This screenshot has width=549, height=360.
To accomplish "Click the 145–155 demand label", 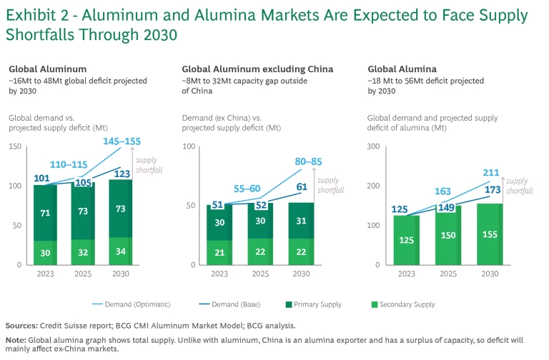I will pyautogui.click(x=122, y=141).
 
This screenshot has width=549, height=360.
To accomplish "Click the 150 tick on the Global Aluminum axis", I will pyautogui.click(x=16, y=146).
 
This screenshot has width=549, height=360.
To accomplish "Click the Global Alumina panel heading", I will pyautogui.click(x=397, y=69).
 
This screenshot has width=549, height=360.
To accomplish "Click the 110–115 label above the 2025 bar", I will pyautogui.click(x=69, y=164).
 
